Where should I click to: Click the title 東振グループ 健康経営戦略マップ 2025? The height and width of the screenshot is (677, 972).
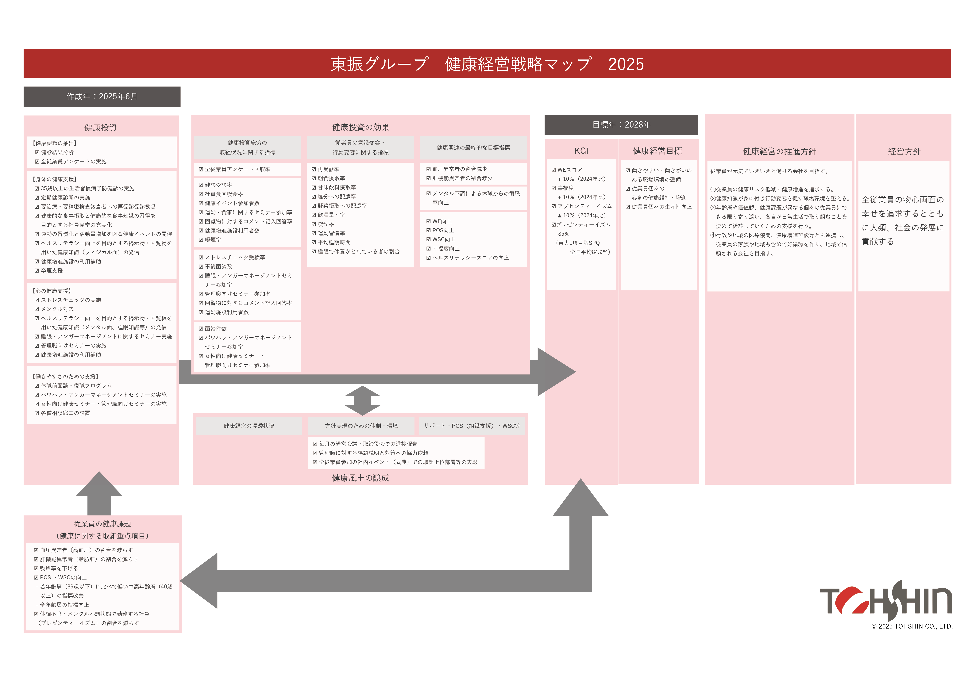click(x=487, y=64)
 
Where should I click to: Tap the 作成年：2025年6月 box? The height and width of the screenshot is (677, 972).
click(x=102, y=97)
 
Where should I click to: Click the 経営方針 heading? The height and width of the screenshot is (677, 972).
click(x=904, y=151)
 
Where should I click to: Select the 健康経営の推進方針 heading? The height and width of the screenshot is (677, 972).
click(x=779, y=151)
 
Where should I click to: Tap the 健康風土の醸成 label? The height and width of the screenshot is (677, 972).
click(x=360, y=478)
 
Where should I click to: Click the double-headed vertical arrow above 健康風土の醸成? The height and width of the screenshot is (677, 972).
click(x=362, y=400)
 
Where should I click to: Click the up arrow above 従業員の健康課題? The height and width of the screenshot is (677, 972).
click(x=99, y=493)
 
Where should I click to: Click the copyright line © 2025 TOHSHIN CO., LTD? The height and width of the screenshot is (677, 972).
click(x=912, y=626)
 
